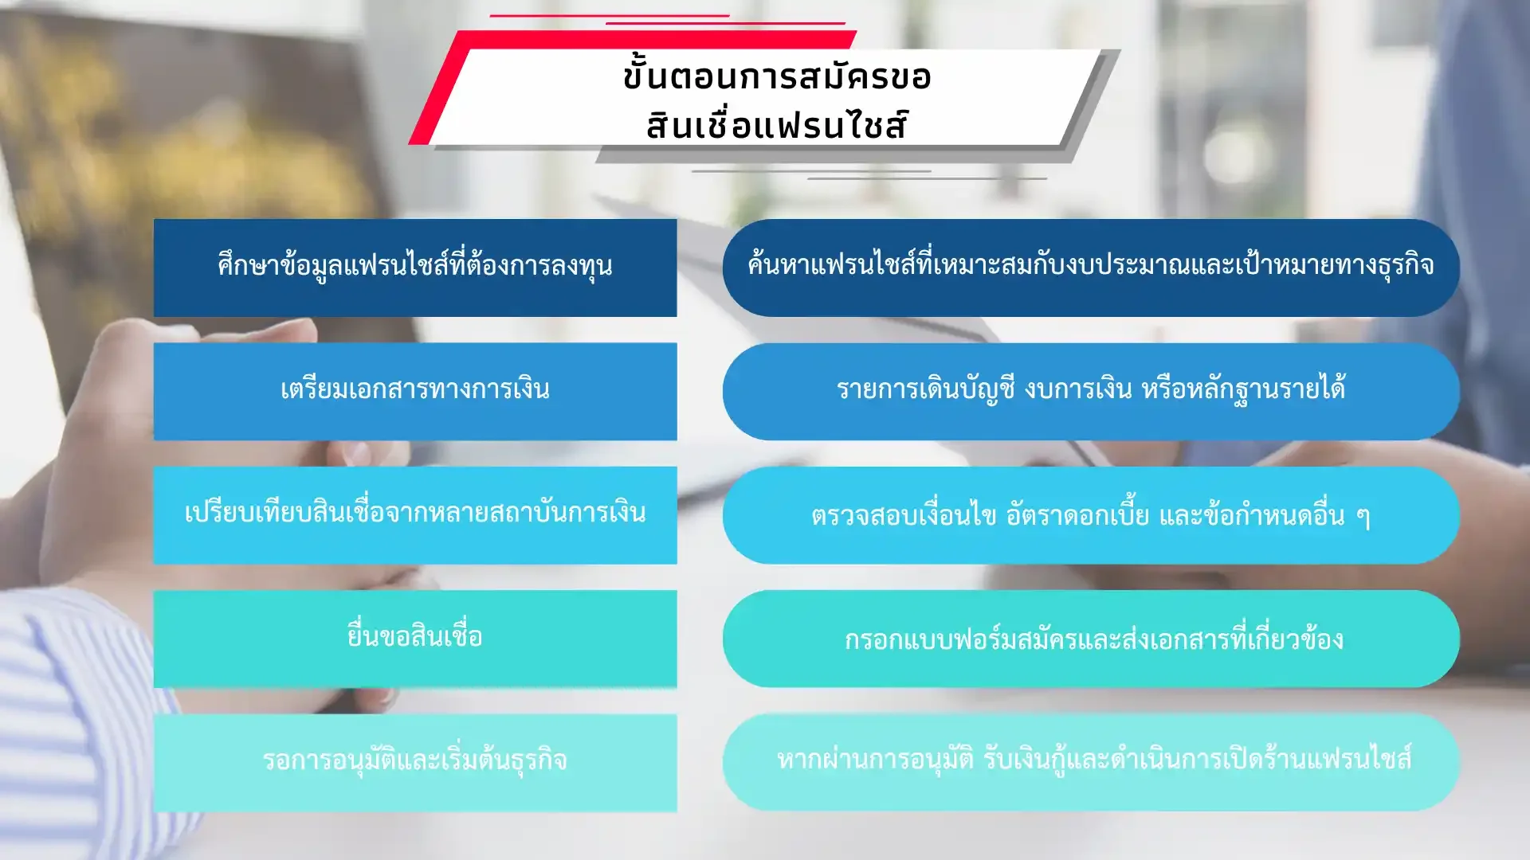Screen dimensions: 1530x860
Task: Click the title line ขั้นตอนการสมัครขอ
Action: (x=777, y=76)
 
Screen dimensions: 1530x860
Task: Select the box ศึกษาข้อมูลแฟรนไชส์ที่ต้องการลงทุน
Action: (x=415, y=268)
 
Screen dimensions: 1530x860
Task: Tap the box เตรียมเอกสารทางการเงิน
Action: (x=415, y=392)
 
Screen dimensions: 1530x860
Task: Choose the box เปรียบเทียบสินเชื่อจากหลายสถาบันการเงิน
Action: (x=415, y=515)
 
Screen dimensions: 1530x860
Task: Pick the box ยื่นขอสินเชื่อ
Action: (x=415, y=639)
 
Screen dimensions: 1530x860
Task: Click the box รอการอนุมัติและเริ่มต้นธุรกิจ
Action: (x=415, y=763)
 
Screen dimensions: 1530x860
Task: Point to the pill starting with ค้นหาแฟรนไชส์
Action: (x=1091, y=268)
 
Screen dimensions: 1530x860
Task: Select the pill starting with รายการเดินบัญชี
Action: (x=1091, y=392)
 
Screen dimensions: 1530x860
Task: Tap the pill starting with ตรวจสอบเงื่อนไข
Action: (x=1091, y=515)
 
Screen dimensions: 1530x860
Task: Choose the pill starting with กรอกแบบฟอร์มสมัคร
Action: (x=1091, y=639)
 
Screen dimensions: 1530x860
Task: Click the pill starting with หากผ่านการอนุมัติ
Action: (x=1091, y=763)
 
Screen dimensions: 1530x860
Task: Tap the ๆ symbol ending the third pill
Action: (x=1363, y=518)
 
